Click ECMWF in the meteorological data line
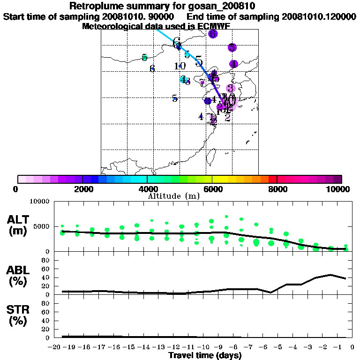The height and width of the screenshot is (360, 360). pyautogui.click(x=211, y=26)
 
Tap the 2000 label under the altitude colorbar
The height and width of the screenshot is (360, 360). pyautogui.click(x=82, y=189)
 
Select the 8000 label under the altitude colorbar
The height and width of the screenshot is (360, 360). pyautogui.click(x=277, y=189)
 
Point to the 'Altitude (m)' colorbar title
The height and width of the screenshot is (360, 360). pyautogui.click(x=173, y=195)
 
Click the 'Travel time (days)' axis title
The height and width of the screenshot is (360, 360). pyautogui.click(x=205, y=356)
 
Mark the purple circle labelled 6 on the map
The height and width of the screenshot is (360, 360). pyautogui.click(x=213, y=34)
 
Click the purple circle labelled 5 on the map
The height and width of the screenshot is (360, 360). pyautogui.click(x=232, y=47)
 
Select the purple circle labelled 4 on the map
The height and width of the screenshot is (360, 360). pyautogui.click(x=233, y=64)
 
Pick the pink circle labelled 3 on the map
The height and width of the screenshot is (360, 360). pyautogui.click(x=230, y=88)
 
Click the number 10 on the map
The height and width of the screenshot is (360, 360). pyautogui.click(x=180, y=66)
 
